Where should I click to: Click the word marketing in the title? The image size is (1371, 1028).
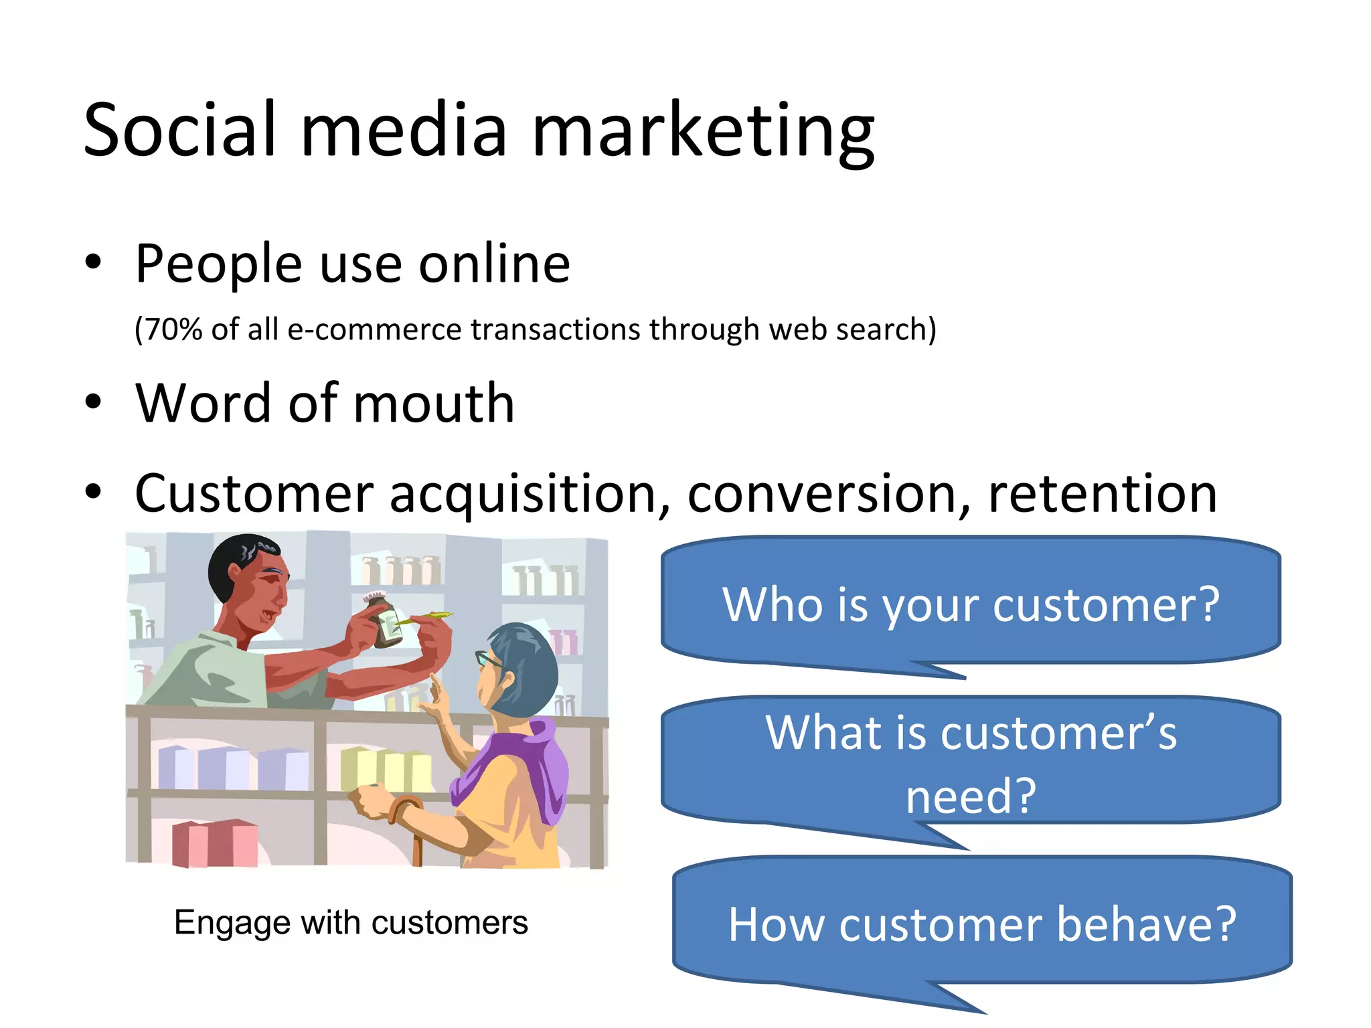click(x=703, y=131)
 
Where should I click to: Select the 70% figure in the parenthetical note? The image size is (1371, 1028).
click(x=173, y=329)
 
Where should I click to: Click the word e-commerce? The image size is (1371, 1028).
click(x=375, y=329)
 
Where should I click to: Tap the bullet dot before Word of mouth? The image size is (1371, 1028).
click(x=93, y=402)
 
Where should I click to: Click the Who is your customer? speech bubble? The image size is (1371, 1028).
click(x=971, y=604)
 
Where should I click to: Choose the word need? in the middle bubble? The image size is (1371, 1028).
click(x=971, y=796)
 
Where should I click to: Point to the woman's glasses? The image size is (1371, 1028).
click(x=487, y=660)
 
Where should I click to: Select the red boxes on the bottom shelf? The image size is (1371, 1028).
click(x=214, y=843)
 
